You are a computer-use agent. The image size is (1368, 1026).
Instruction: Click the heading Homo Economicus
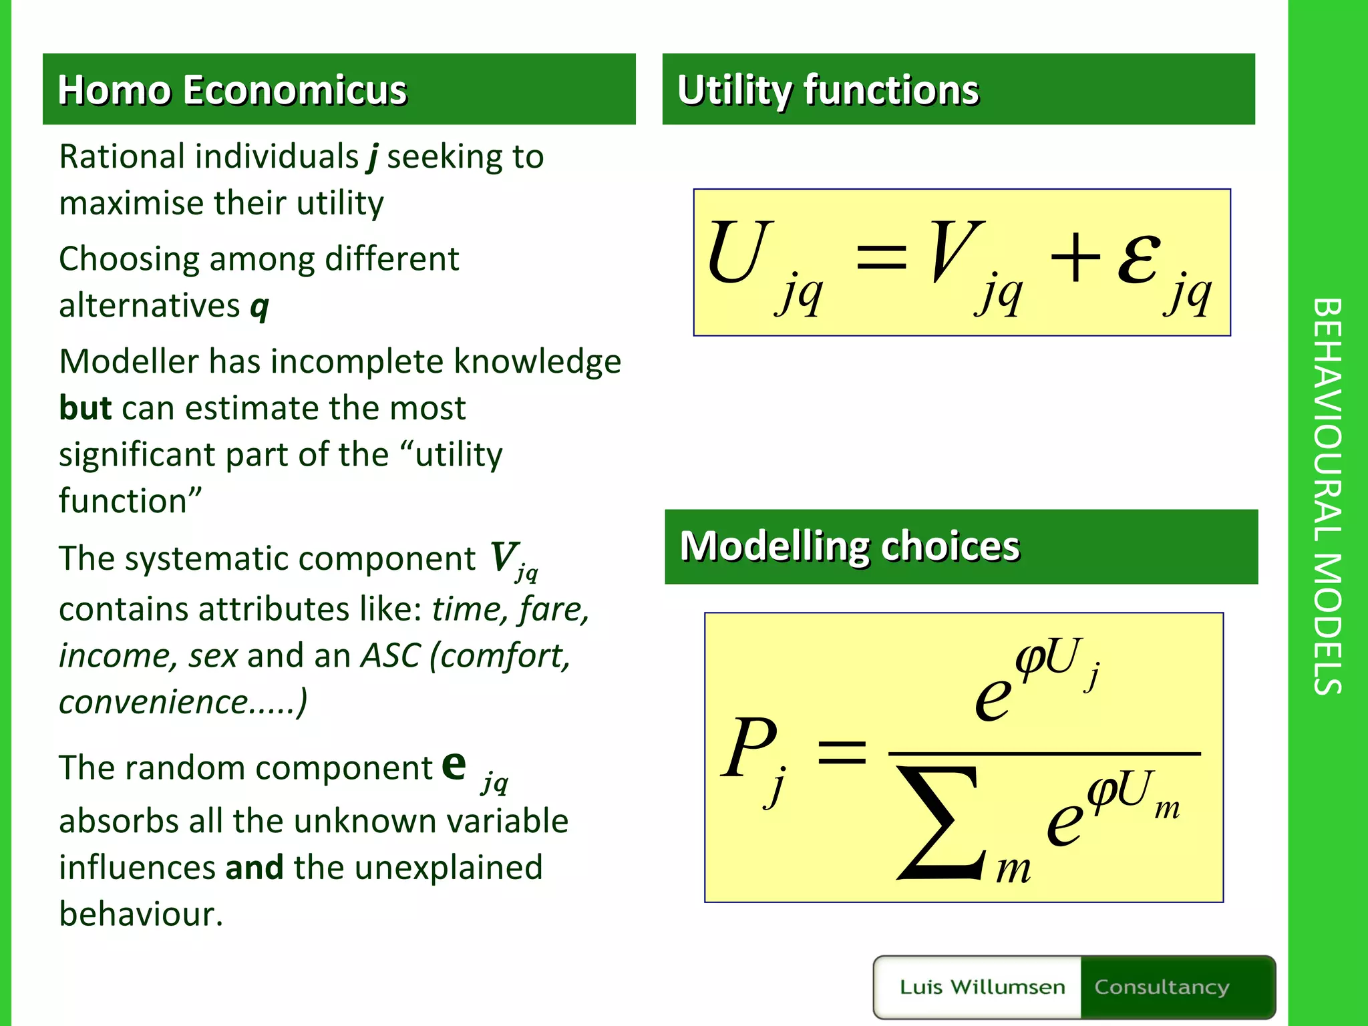click(232, 90)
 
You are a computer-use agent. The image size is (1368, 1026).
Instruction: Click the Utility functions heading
click(828, 90)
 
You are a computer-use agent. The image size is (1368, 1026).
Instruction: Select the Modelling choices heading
click(849, 546)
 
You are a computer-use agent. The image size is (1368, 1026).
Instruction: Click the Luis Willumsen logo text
click(982, 987)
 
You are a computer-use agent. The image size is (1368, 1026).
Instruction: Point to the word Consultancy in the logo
click(1161, 987)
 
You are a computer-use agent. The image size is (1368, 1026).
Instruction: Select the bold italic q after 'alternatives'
click(259, 307)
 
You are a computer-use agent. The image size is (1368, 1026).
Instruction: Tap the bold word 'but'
click(85, 408)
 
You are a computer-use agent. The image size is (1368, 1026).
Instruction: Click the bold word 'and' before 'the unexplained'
click(254, 868)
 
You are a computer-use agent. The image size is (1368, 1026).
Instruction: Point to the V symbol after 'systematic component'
click(504, 557)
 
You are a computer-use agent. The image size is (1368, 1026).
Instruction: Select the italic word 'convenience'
click(154, 702)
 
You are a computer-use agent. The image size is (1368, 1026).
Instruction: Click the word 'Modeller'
click(128, 362)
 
